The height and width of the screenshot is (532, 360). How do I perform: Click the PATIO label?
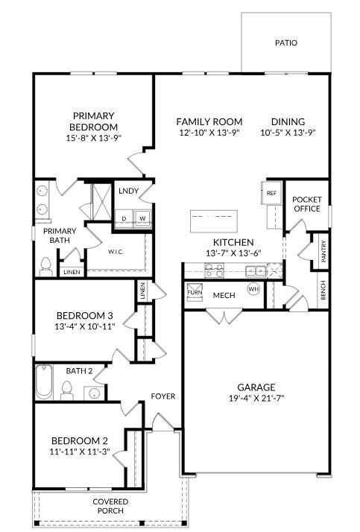coord(286,42)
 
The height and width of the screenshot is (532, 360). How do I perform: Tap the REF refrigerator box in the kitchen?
coord(271,194)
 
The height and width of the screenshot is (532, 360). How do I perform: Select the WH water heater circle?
coord(253,289)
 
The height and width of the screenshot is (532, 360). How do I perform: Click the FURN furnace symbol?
coord(195,291)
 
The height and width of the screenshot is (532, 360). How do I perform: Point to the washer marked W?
coord(142,218)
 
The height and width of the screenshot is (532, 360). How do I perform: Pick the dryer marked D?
coord(124,218)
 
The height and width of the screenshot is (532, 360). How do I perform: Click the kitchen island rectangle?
coord(213,221)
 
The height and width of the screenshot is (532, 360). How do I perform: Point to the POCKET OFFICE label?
coord(306,204)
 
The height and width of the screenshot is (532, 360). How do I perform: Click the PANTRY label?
coord(323,250)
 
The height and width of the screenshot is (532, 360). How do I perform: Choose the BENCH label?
coord(322,289)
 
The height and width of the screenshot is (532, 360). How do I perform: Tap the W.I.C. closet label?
coord(116,251)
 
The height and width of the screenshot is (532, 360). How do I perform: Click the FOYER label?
coord(163,396)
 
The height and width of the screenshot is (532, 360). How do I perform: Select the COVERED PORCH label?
coord(110,507)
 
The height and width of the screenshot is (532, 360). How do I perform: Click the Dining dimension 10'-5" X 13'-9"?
coord(288,133)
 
